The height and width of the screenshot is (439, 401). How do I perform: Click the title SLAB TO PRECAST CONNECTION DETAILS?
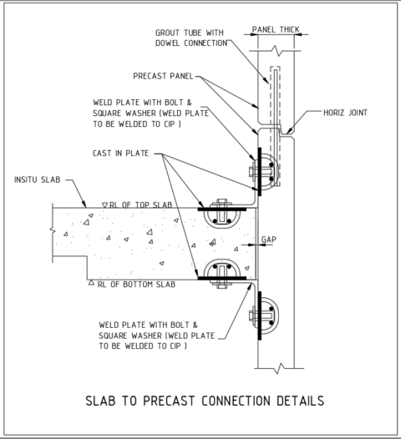[x=205, y=401]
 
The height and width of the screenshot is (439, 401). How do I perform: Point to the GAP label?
[x=269, y=239]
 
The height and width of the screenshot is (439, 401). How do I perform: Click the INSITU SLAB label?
[x=38, y=179]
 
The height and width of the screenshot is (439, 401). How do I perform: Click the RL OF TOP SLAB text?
[x=140, y=204]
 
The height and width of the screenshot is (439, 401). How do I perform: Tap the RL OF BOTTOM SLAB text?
[x=134, y=284]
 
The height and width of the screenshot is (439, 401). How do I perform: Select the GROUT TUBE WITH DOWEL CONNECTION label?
[x=191, y=38]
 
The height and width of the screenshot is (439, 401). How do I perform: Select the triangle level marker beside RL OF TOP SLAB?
[x=104, y=204]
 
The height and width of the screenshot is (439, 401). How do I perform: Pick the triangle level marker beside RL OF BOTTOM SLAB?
[x=92, y=284]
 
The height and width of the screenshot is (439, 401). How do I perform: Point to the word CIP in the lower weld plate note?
[x=178, y=345]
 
